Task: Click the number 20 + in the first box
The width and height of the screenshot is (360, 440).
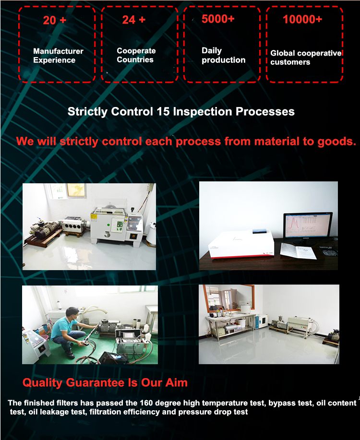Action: [55, 20]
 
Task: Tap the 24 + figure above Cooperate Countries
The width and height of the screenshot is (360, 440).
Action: [133, 20]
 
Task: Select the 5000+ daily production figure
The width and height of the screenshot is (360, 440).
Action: [218, 19]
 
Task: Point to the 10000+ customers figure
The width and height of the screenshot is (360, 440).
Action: [302, 19]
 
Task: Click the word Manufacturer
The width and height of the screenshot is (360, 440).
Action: [58, 51]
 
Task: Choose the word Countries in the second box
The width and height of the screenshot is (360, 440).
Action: [135, 59]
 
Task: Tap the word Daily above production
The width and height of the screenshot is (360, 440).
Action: [212, 51]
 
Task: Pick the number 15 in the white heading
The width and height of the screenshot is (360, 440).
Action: [163, 112]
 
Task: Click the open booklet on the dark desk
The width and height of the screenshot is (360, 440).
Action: [298, 250]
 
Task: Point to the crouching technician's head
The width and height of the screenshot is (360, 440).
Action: [72, 313]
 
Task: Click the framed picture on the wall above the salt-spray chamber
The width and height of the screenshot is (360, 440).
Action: [76, 190]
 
